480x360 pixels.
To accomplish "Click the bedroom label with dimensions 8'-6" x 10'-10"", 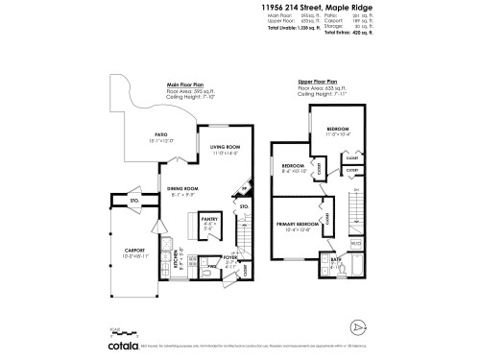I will pos(291,165).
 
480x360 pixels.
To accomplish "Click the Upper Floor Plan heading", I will pos(318,83).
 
